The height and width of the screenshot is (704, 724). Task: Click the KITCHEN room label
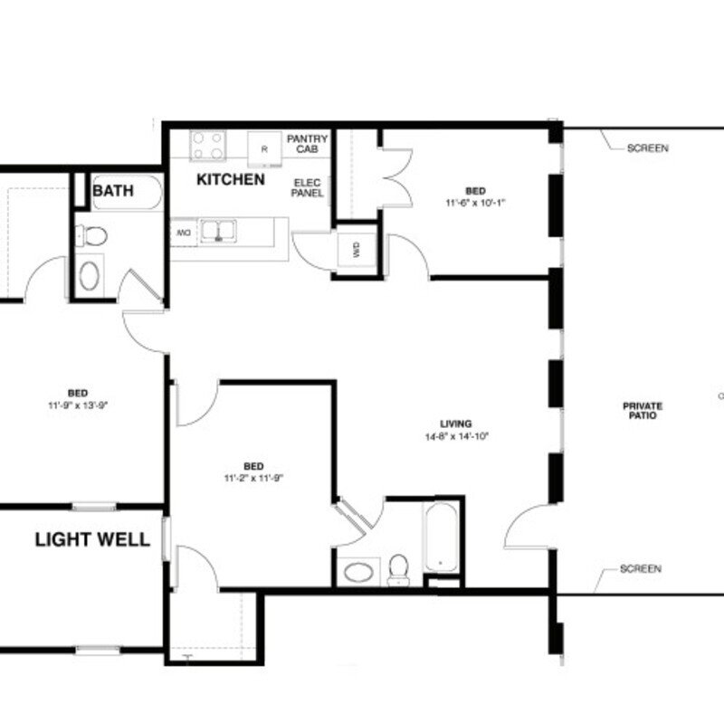click(x=231, y=180)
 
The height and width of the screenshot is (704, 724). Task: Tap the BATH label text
click(x=113, y=191)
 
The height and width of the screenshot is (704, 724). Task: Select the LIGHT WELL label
click(x=92, y=540)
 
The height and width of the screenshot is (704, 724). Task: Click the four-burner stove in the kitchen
click(x=207, y=145)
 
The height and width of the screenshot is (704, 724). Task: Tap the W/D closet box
click(x=356, y=251)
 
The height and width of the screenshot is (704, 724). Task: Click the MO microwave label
click(x=183, y=233)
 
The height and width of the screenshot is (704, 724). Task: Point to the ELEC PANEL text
click(x=307, y=187)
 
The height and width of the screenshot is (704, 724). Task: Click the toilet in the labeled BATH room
click(x=91, y=237)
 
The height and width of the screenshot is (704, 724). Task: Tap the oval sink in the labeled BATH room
click(x=90, y=275)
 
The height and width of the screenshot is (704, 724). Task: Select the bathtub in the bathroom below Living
click(x=441, y=539)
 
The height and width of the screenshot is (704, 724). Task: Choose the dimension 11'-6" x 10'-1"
click(x=474, y=203)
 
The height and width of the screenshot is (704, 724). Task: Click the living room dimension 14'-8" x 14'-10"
click(x=463, y=436)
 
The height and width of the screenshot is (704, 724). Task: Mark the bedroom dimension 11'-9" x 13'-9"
click(x=78, y=404)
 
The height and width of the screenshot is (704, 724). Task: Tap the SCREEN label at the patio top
click(x=647, y=148)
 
